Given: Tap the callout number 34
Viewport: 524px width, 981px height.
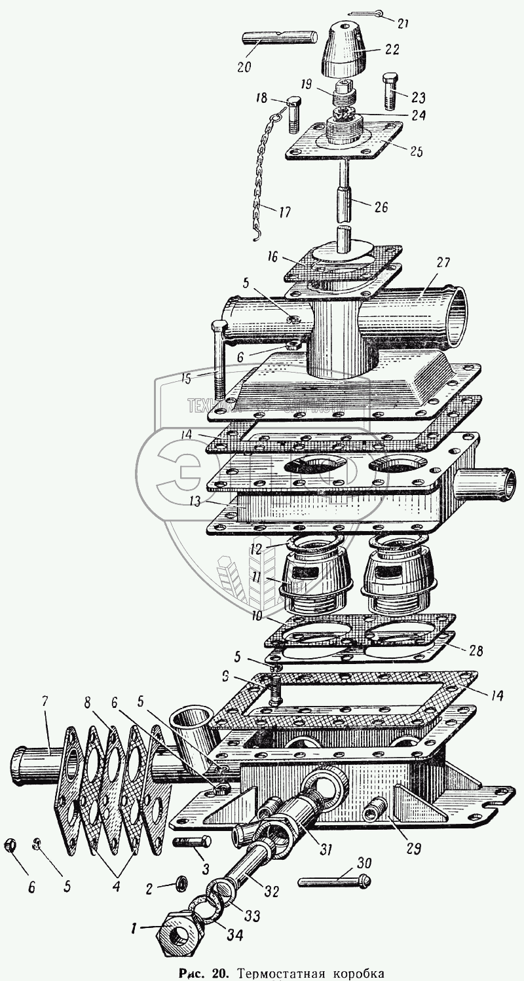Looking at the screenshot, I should tap(234, 936).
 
